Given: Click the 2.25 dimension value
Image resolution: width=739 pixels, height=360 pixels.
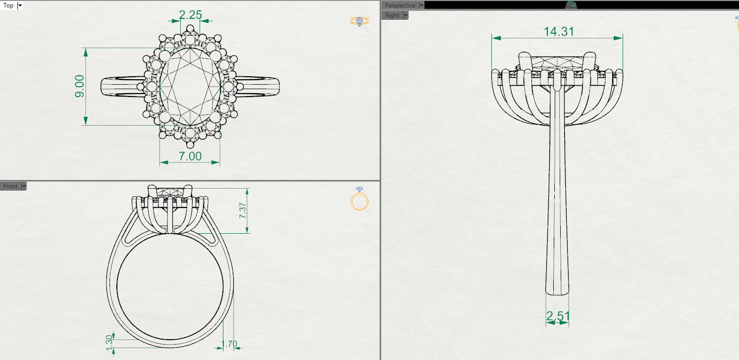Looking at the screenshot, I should tap(190, 14).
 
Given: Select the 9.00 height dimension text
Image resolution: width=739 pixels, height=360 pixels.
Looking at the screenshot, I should tap(80, 87).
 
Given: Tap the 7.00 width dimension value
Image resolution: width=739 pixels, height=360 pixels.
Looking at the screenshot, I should tap(190, 156).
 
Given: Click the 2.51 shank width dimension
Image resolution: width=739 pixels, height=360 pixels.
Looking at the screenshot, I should tap(558, 316).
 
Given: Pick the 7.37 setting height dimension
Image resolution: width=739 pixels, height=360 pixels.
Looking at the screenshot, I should tap(243, 210).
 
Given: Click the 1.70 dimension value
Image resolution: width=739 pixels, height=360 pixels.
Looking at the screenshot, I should tap(229, 343).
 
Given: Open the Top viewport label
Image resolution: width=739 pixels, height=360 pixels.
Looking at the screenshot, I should tap(8, 5).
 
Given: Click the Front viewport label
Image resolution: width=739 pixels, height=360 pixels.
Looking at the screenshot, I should tap(10, 186).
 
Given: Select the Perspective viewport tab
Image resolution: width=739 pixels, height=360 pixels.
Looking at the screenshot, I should tap(400, 5).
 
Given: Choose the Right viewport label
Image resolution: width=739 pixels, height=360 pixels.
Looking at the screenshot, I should tap(392, 15).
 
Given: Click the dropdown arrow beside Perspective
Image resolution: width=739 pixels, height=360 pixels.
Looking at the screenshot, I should tap(422, 5).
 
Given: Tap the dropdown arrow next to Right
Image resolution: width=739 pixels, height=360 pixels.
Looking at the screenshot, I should tap(406, 15).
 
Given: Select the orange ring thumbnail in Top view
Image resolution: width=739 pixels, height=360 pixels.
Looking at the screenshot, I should tap(359, 21).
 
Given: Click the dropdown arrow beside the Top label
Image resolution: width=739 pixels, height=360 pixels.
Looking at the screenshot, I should tap(20, 5).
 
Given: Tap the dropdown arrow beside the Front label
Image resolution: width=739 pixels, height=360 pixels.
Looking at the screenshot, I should tap(23, 186).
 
